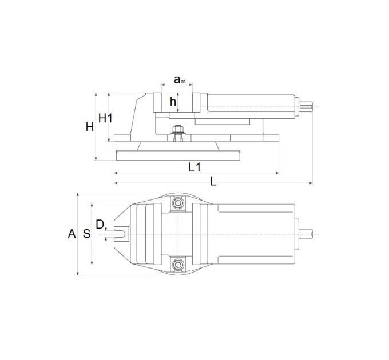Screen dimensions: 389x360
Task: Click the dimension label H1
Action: click(x=105, y=118)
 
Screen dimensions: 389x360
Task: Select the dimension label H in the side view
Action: click(x=90, y=127)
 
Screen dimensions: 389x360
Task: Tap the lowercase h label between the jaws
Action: click(x=173, y=101)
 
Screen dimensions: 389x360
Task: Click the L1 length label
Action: click(x=194, y=167)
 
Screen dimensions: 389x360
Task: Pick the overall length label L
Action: click(x=213, y=182)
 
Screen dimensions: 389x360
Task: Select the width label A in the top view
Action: click(x=72, y=234)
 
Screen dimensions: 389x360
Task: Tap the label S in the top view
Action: click(x=86, y=234)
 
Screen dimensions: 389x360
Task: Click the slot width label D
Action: click(x=100, y=225)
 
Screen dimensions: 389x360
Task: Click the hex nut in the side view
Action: click(x=178, y=129)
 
